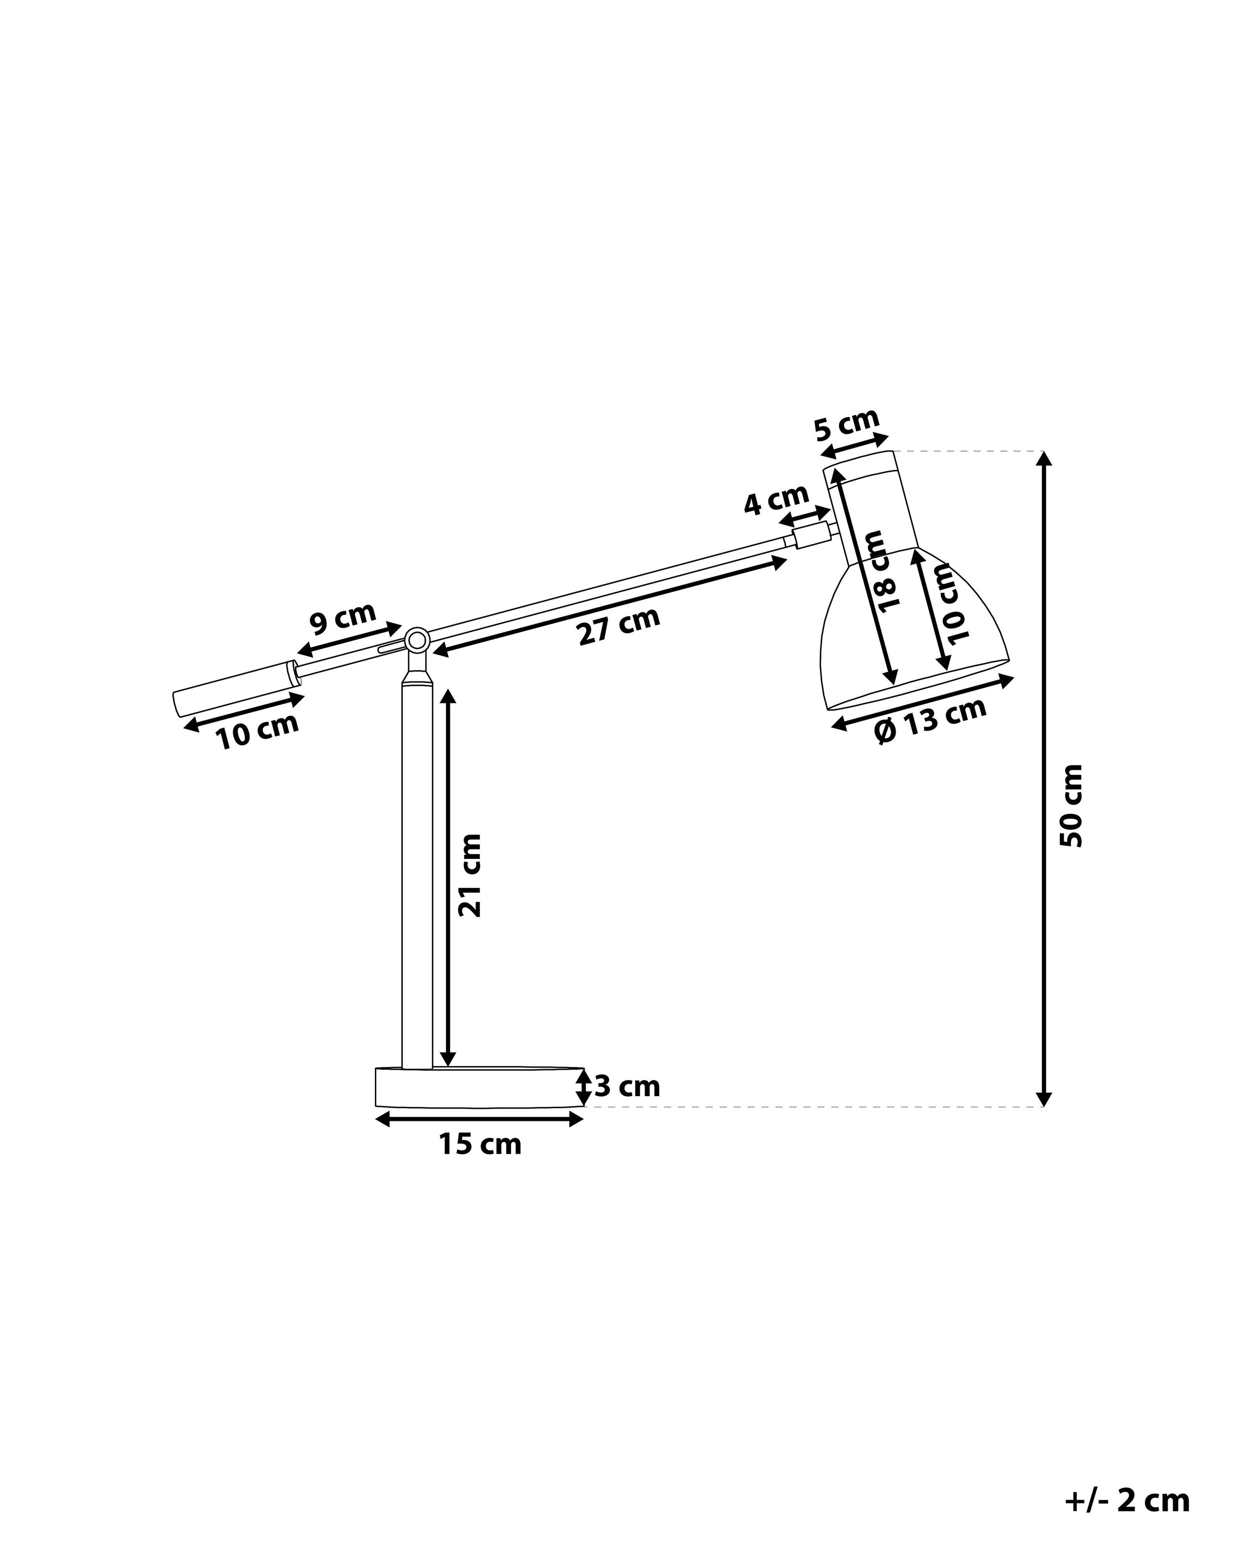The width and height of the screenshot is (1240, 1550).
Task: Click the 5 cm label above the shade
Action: coord(847,424)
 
